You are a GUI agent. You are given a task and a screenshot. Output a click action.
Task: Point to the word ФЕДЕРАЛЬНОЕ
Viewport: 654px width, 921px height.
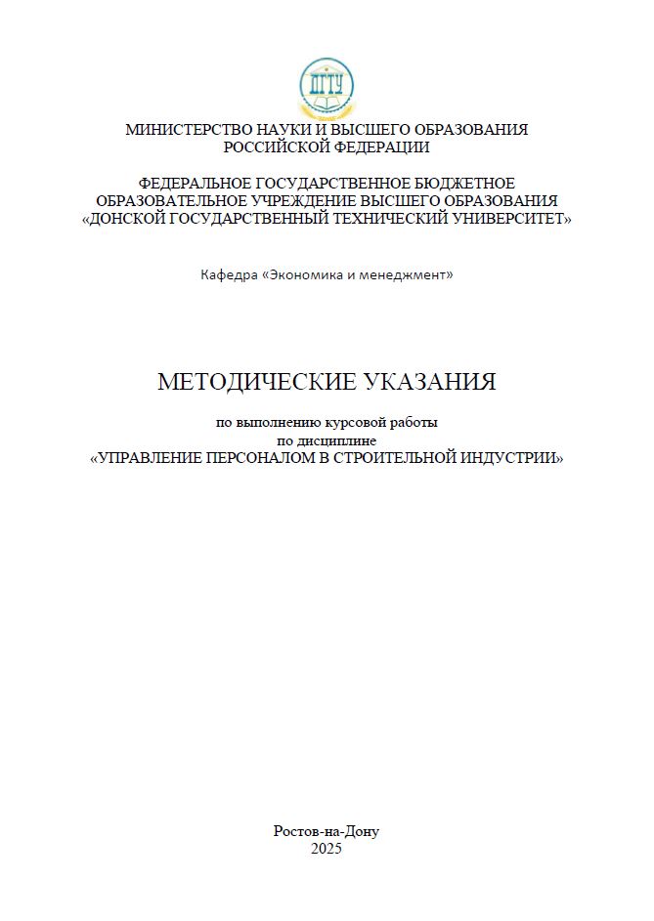(195, 184)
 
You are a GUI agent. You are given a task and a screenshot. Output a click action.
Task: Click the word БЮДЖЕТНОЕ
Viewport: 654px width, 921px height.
(462, 184)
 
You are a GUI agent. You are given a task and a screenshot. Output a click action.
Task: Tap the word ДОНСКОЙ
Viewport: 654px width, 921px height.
(126, 219)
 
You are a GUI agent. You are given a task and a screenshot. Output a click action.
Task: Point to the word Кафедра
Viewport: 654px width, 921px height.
(228, 274)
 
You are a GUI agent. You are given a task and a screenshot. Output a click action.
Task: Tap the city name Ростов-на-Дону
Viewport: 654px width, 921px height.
(327, 831)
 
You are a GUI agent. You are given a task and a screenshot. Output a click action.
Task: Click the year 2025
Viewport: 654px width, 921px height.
(327, 849)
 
